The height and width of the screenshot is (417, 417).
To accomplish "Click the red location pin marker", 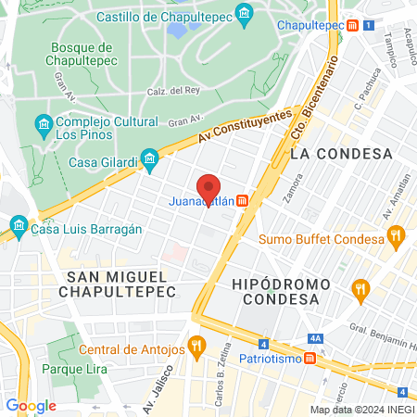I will click(208, 189).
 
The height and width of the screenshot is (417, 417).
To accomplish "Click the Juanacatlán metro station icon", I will click(242, 201).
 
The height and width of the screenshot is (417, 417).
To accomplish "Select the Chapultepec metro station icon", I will click(352, 24).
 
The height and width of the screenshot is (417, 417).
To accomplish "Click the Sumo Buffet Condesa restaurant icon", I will click(396, 239).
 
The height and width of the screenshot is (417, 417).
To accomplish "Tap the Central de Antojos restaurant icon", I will click(196, 349).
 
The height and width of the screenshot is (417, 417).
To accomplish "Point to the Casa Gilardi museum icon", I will click(148, 161).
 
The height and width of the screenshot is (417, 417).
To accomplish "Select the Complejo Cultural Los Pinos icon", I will click(43, 123).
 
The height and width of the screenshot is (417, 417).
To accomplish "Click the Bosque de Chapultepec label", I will click(79, 55).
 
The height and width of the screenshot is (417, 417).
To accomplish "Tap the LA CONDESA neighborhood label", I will click(341, 154).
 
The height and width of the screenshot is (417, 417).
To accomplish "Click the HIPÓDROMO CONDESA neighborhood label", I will click(274, 292).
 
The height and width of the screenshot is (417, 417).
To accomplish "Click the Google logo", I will click(31, 405).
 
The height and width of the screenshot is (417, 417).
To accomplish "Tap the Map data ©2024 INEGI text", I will click(361, 410).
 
